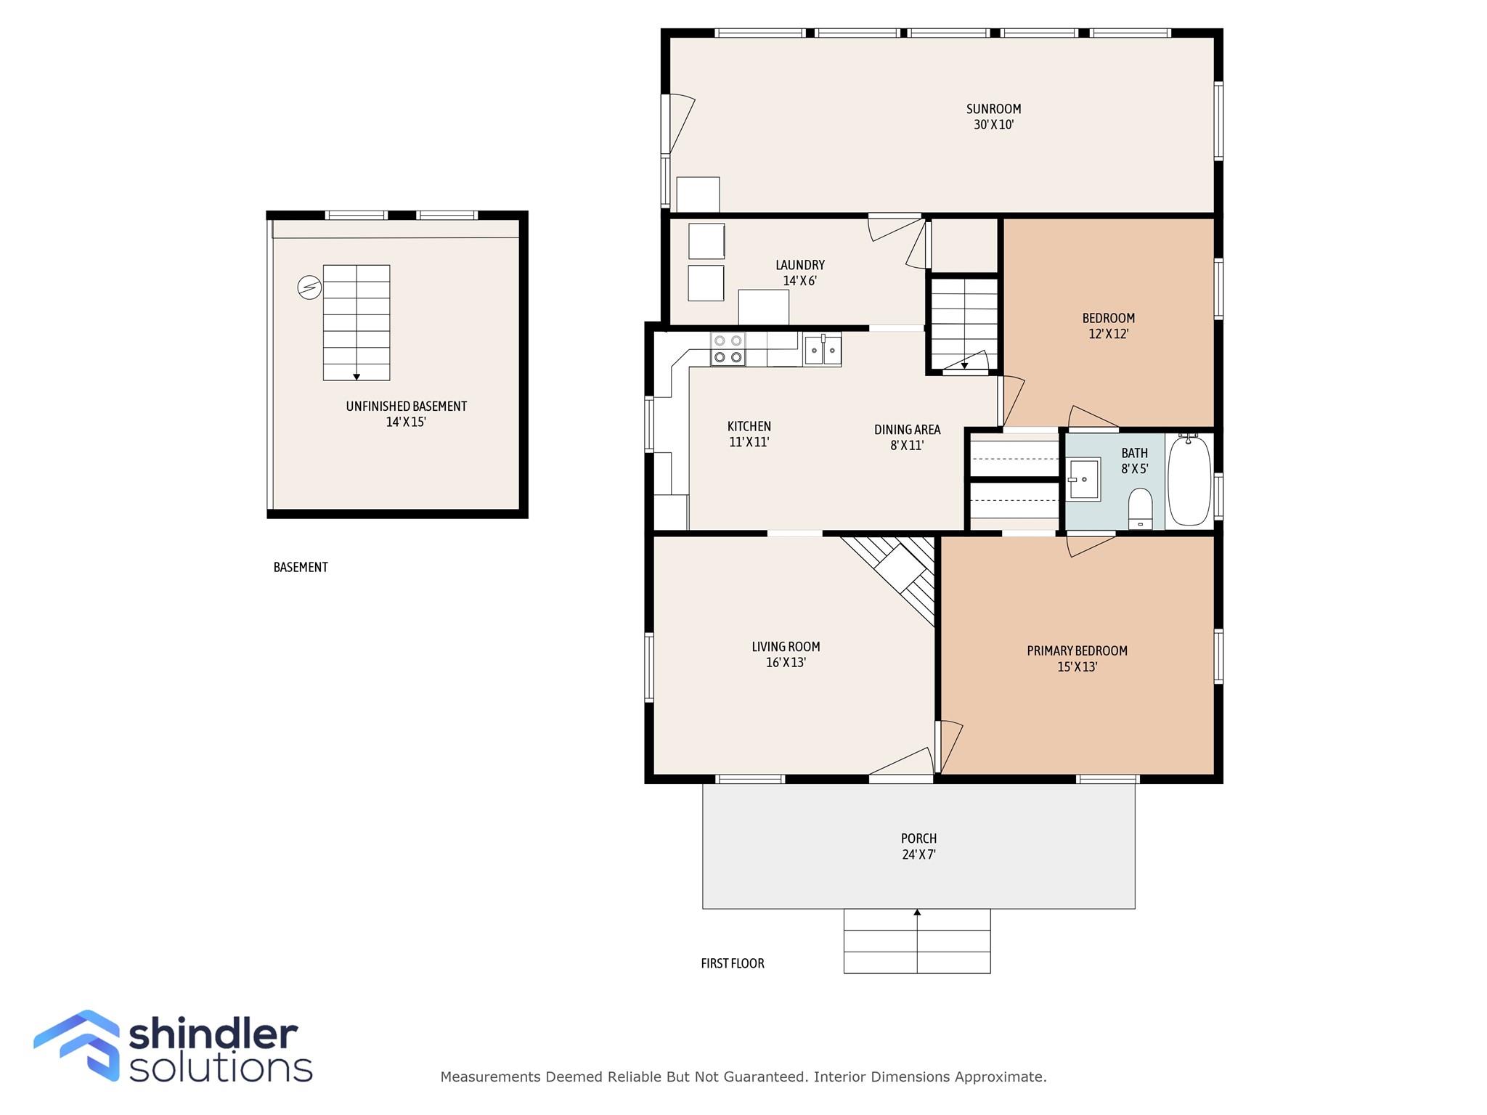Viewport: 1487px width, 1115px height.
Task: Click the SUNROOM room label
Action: (993, 109)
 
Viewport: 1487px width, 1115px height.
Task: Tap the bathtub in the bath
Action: (1189, 480)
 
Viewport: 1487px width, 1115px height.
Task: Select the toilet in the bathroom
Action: (1140, 507)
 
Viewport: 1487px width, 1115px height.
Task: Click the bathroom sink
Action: (1084, 479)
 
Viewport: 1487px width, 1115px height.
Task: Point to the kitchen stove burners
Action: (728, 348)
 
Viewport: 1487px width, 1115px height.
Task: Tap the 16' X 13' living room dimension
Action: (786, 663)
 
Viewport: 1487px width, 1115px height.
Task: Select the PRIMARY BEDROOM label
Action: (1076, 651)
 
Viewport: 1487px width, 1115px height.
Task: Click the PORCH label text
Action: (918, 838)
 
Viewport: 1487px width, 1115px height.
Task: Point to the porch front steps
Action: (916, 942)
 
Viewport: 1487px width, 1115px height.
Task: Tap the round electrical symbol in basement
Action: (309, 287)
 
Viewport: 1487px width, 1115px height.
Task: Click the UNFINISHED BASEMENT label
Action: (406, 407)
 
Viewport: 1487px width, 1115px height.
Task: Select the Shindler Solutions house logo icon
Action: (77, 1045)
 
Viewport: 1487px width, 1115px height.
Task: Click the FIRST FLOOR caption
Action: (732, 963)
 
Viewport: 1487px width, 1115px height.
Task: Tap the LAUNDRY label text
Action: (799, 265)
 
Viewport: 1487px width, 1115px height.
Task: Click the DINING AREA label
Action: (907, 430)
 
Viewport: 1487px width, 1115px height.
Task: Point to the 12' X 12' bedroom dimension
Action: (1108, 334)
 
